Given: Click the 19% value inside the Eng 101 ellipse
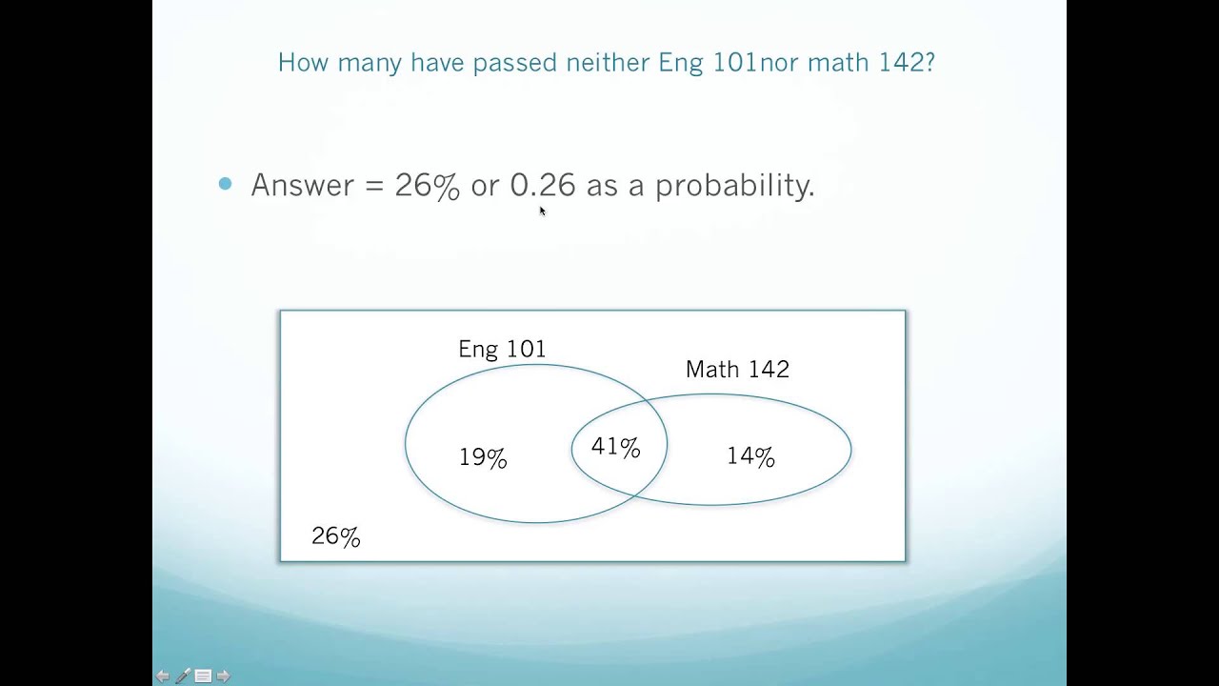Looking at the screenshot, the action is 483,457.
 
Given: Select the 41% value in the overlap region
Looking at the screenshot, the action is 615,447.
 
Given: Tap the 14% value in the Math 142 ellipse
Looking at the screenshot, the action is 750,456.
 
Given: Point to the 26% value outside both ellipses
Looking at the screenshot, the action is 336,536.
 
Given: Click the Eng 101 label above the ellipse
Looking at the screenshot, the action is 502,349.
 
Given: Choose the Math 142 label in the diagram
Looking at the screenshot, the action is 737,370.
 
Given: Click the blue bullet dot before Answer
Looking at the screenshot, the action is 225,184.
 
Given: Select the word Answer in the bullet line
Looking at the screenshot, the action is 302,185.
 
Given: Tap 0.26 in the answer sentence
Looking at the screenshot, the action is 543,185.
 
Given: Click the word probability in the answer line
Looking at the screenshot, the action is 734,186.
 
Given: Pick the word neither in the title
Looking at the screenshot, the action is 608,62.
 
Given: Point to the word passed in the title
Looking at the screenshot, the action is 515,63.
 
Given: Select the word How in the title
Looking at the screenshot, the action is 303,62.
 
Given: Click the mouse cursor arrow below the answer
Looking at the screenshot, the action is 543,211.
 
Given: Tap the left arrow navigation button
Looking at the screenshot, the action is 162,676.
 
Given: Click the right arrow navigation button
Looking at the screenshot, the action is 223,676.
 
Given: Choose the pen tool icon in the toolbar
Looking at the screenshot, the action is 183,676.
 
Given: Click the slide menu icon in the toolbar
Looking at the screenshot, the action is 203,676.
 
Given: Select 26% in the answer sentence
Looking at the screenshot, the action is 428,186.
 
